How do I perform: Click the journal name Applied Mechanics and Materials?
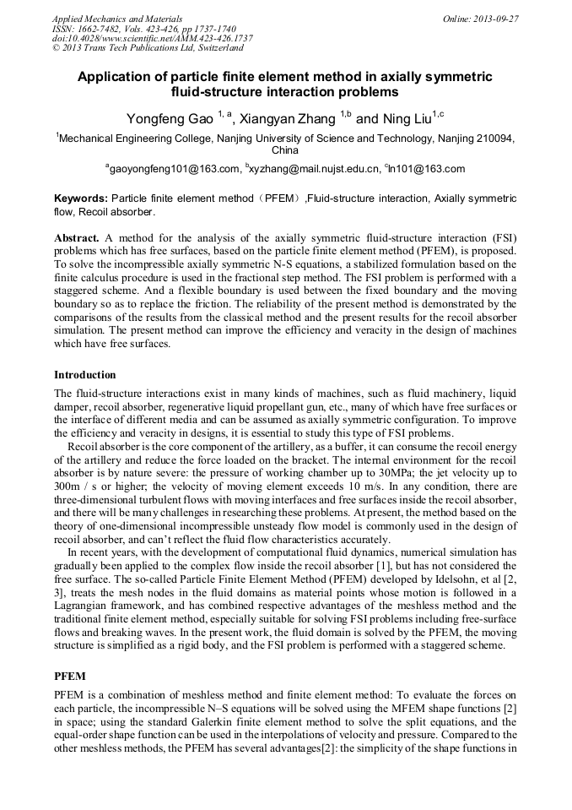117,19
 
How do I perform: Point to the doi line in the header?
152,39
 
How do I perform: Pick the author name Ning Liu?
406,119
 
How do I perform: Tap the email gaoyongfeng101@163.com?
175,169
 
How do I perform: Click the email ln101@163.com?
428,169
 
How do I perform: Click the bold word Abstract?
78,239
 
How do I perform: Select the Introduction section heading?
85,374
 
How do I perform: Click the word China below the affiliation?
285,150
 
